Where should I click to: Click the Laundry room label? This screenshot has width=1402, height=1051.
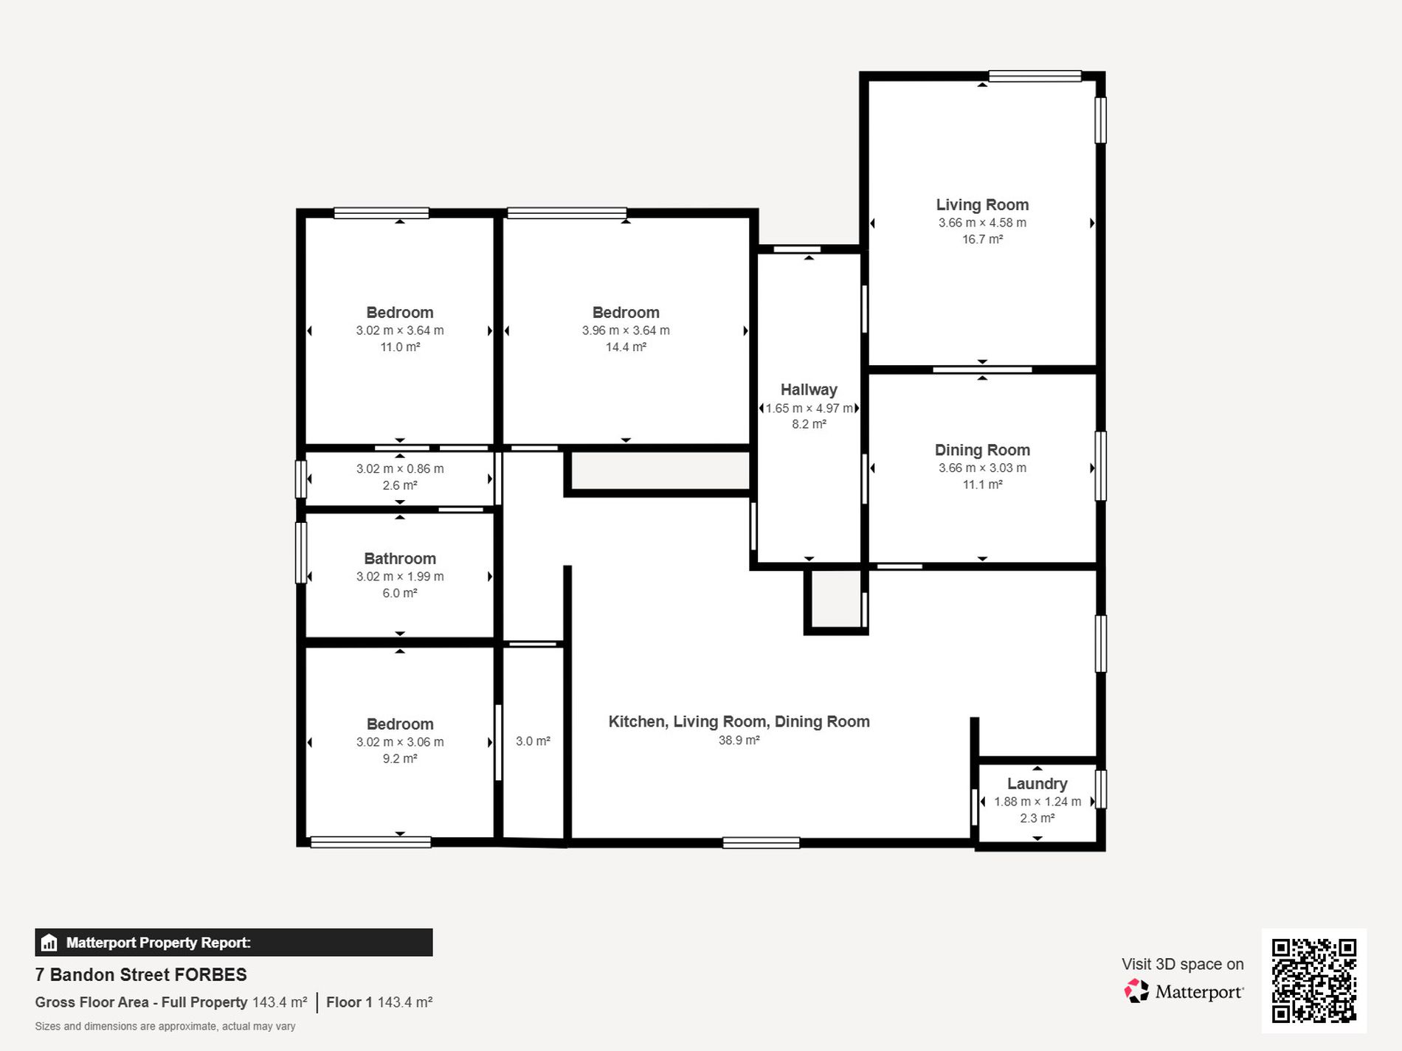click(1037, 783)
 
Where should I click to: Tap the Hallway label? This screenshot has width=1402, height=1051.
click(809, 389)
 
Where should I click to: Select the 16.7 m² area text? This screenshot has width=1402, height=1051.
click(982, 239)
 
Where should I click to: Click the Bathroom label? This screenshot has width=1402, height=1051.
click(400, 558)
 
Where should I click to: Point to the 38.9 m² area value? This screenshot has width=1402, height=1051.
click(739, 740)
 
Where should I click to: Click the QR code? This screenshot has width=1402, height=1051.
click(1313, 980)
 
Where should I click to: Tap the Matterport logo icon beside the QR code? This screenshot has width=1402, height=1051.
click(1136, 991)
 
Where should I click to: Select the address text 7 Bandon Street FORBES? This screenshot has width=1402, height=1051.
click(141, 974)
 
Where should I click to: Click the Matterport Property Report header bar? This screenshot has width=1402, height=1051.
click(233, 943)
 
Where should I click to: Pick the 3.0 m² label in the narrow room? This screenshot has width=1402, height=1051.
click(533, 741)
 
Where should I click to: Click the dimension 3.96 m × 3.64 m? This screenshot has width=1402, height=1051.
click(626, 330)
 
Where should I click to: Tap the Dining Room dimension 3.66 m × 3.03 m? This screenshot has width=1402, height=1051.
click(982, 468)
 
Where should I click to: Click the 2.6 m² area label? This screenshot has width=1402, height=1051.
click(400, 485)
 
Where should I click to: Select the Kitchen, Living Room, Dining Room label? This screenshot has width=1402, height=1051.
click(739, 721)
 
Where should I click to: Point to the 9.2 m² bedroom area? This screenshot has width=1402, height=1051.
click(400, 758)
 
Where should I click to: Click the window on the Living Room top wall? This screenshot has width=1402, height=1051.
click(1035, 76)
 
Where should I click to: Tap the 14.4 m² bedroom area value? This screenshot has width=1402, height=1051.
click(626, 347)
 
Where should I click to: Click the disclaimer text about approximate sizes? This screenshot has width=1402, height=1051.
click(165, 1026)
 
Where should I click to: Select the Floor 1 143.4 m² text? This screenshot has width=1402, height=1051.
click(379, 1002)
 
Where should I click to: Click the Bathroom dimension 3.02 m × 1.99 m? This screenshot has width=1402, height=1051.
click(400, 576)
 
